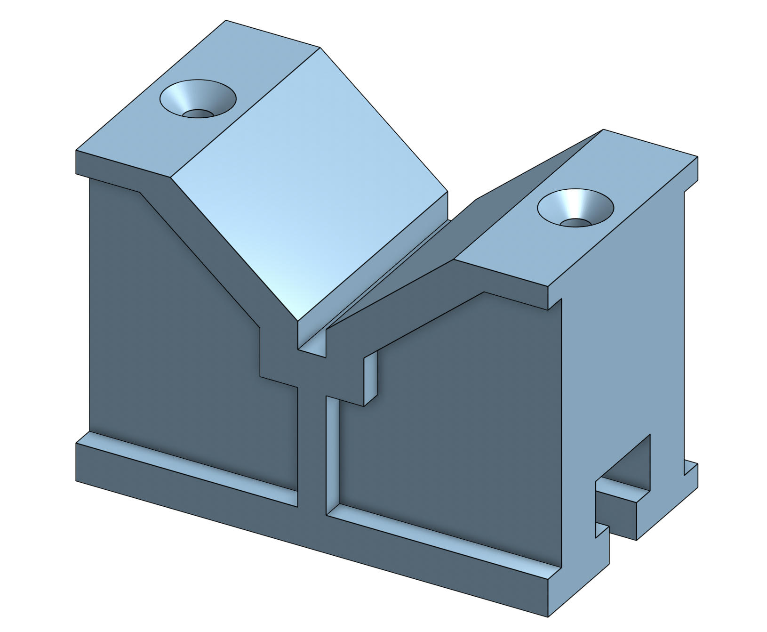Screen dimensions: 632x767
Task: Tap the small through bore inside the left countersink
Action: click(x=197, y=114)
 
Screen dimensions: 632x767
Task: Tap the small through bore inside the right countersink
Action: click(x=575, y=222)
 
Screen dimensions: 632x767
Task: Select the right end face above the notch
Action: click(x=621, y=330)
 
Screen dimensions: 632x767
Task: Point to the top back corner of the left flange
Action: click(x=226, y=21)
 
